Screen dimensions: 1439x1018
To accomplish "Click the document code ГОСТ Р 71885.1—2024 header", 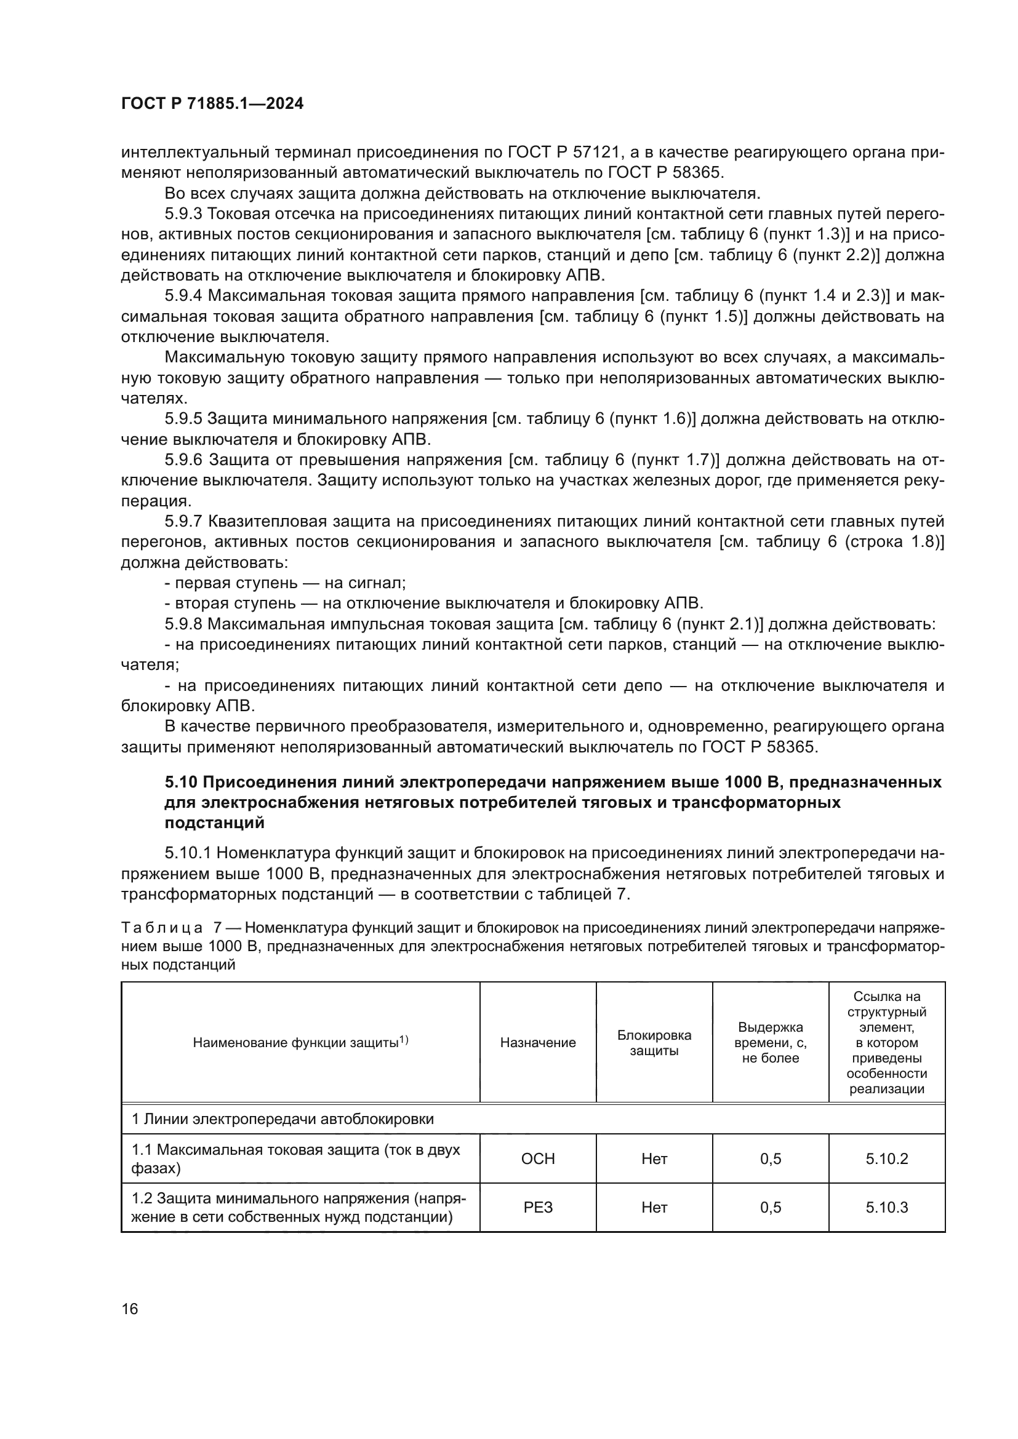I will pos(212,104).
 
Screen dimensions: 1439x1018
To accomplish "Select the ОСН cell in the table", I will pos(538,1159).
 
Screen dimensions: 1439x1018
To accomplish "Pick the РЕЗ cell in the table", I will pos(538,1208).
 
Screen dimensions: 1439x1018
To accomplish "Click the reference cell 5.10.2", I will pos(886,1159).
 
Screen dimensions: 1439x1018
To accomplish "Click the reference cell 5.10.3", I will pos(886,1208).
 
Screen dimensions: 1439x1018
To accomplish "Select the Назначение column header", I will pos(538,1042).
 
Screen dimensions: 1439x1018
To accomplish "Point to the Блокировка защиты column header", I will pos(654,1042).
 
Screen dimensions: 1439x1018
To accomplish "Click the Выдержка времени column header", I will pos(771,1042).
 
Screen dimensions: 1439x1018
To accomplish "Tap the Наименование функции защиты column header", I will pos(300,1042).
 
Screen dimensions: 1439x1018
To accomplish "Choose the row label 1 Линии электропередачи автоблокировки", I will pos(282,1118).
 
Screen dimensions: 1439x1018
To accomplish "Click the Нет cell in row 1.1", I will pos(654,1159).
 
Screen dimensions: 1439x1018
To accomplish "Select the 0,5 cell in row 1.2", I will pos(771,1208).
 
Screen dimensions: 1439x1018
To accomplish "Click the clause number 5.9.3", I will pos(183,213).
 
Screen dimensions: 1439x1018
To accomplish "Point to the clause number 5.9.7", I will pos(183,522).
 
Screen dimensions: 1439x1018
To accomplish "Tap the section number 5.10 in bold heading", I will pos(180,782).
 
